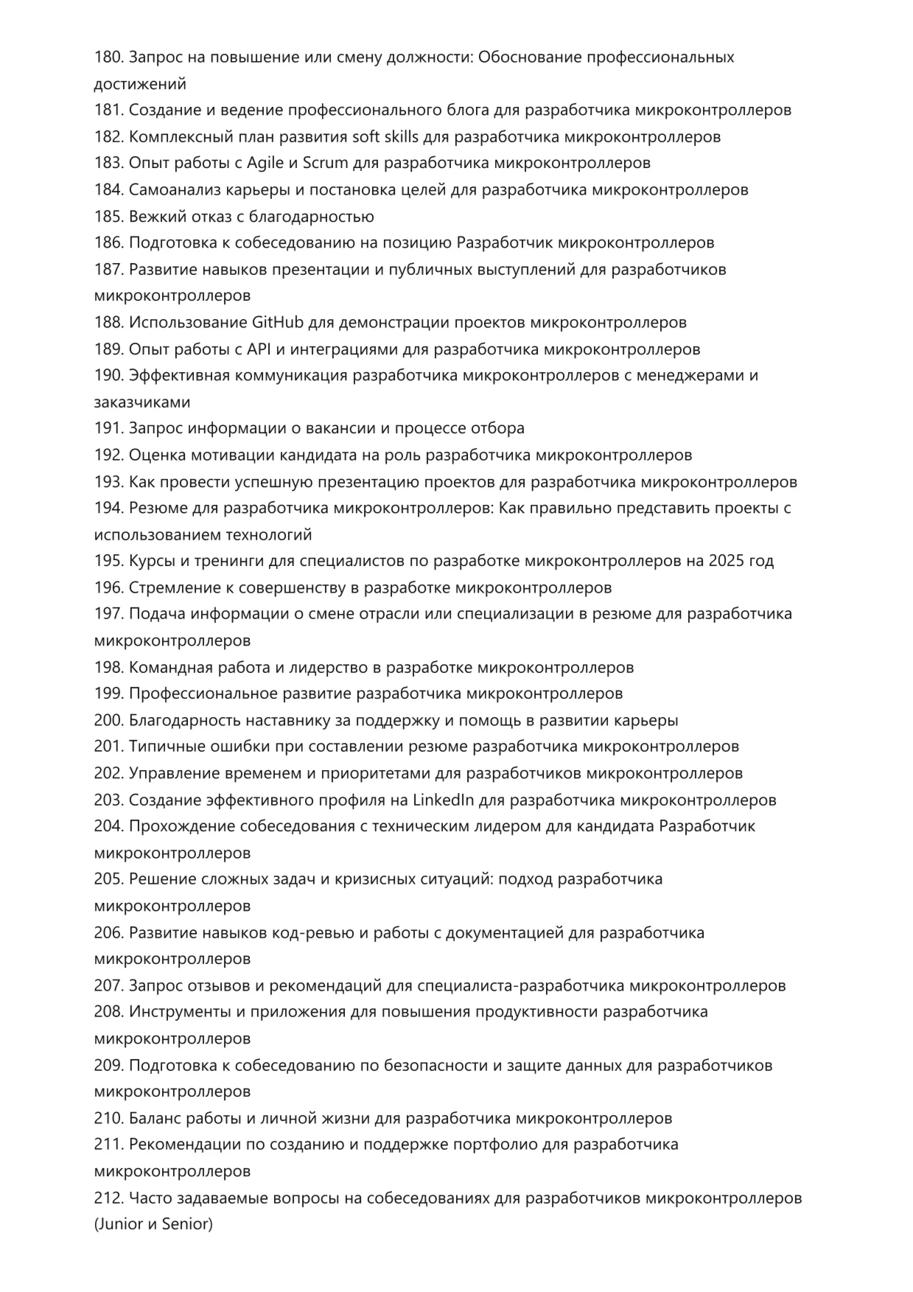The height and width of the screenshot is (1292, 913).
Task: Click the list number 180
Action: coord(108,57)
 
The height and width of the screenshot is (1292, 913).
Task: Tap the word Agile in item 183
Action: coord(265,163)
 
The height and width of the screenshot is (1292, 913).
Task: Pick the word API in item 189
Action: coord(259,349)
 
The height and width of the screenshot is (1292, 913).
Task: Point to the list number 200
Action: coord(108,721)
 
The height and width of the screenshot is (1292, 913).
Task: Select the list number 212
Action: coord(108,1198)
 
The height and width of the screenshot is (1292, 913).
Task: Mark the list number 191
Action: coord(108,428)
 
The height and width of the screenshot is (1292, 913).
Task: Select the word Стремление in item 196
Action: coord(170,588)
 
